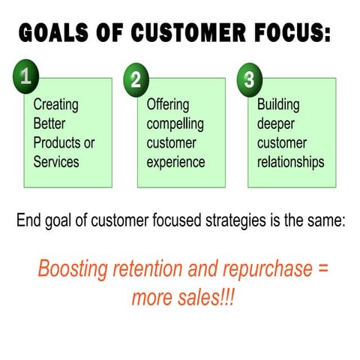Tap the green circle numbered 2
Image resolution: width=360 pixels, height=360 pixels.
tap(136, 80)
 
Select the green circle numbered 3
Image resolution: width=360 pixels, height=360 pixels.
tap(247, 80)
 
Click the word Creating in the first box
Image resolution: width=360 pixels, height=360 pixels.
tap(55, 105)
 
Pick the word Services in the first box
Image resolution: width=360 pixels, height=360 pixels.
tap(56, 162)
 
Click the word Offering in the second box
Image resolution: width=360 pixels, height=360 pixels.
tap(168, 105)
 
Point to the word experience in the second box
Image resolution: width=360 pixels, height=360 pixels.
tap(176, 162)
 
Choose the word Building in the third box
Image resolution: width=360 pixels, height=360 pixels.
tap(278, 105)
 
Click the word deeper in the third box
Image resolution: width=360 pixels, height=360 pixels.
tap(275, 124)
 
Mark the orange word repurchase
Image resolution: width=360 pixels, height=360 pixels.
tap(264, 270)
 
